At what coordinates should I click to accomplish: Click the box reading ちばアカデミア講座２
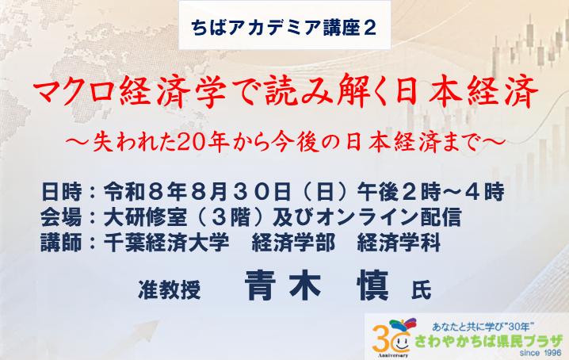(284, 25)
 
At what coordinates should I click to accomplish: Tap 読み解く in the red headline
(323, 91)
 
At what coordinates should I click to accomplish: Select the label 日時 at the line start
(62, 192)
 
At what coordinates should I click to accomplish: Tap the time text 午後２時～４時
(431, 192)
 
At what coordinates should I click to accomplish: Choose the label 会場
(62, 217)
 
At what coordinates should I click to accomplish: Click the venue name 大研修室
(146, 217)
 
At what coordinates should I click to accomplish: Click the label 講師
(62, 243)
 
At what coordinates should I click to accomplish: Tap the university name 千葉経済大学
(166, 243)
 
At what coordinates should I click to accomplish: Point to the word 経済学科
(399, 243)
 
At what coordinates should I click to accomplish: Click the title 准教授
(170, 290)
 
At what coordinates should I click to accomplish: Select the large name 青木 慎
(317, 285)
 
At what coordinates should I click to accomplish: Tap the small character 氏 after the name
(421, 290)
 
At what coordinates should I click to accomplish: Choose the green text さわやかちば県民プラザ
(488, 341)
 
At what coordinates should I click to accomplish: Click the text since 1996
(540, 353)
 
